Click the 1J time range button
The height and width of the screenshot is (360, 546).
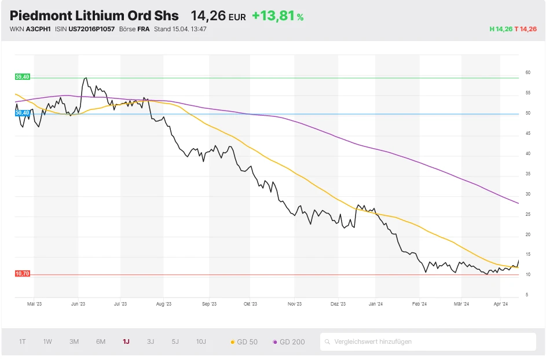point(126,341)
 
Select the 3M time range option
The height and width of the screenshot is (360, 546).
point(74,341)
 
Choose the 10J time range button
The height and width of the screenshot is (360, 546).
point(201,341)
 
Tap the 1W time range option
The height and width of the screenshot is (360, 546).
point(47,341)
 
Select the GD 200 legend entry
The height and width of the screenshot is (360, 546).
point(288,342)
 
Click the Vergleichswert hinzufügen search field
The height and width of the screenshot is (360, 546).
point(428,341)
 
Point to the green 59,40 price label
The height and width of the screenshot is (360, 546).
point(22,77)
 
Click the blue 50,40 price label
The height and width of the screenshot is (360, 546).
point(22,113)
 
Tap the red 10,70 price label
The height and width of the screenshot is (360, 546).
point(22,274)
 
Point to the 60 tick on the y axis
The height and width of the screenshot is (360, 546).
point(527,73)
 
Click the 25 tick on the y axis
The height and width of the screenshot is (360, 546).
point(527,215)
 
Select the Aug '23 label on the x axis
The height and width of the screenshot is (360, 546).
point(164,303)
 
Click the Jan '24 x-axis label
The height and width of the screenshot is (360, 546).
point(376,303)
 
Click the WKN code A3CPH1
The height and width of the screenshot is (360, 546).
point(38,29)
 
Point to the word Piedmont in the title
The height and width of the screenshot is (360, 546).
point(41,16)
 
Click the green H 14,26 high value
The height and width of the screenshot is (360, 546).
point(501,29)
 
